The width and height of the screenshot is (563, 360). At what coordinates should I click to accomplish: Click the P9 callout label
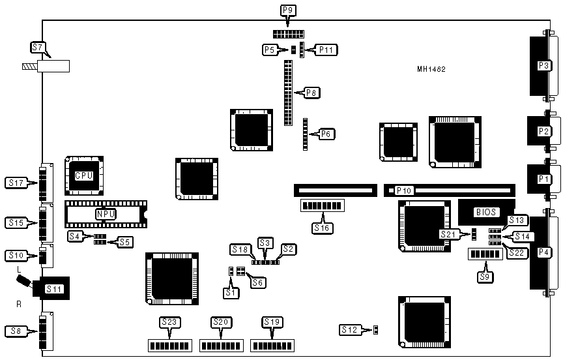287,10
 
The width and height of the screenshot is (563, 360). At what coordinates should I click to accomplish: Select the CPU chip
83,176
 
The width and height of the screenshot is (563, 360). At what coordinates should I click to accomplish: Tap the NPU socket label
105,214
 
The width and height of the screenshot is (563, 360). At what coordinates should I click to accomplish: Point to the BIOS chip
486,212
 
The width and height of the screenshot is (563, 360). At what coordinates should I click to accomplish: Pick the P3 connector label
543,65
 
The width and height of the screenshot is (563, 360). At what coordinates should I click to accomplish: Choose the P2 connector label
543,131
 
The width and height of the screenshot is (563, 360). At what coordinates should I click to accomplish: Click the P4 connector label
543,252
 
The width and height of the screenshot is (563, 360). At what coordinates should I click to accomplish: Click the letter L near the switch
20,269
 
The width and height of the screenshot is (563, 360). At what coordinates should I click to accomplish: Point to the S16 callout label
322,228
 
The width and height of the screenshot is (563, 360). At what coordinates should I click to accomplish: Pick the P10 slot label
404,191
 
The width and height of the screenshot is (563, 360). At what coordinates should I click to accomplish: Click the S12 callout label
349,330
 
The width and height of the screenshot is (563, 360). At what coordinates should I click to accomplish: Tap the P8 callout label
311,93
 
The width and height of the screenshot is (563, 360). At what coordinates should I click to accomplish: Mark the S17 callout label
16,183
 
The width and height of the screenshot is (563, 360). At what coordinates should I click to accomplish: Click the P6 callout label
327,134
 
